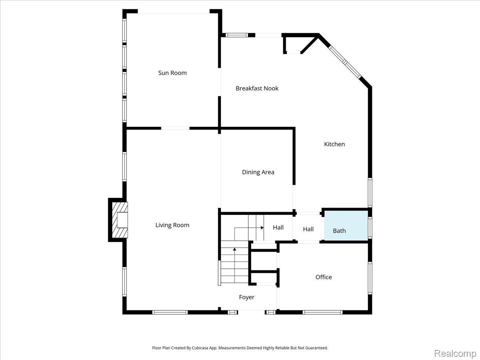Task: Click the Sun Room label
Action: point(172,73)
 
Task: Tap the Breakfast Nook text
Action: point(257,88)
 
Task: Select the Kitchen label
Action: point(334,144)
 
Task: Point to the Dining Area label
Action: point(258,172)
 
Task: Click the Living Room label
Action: point(172,225)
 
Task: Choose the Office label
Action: point(324,277)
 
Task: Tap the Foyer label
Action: point(247,297)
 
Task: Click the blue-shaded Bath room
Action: point(346,225)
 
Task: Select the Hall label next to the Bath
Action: point(308,229)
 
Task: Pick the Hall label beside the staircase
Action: point(278,228)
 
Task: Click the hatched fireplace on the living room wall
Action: point(120,220)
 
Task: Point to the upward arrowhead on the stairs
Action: point(235,249)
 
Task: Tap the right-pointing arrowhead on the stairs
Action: point(262,228)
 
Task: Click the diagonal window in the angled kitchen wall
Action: point(345,62)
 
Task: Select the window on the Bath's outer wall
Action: point(370,227)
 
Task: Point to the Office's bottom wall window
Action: point(322,312)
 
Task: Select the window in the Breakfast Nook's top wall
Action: point(237,35)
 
